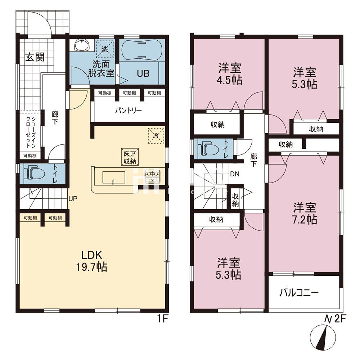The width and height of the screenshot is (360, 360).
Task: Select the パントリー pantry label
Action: [128, 110]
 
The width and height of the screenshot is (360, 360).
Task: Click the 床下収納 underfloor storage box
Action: [129, 157]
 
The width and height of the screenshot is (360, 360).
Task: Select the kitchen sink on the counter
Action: [113, 177]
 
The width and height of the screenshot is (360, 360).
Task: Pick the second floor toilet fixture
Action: [207, 148]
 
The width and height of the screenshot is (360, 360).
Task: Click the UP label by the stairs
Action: [73, 198]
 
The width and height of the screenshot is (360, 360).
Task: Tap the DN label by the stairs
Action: [235, 174]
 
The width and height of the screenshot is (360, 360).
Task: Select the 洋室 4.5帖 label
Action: [229, 73]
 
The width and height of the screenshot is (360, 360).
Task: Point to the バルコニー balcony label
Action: [299, 293]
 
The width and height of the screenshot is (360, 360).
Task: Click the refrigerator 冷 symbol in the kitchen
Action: [156, 136]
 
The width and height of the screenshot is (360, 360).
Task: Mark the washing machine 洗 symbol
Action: [104, 50]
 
